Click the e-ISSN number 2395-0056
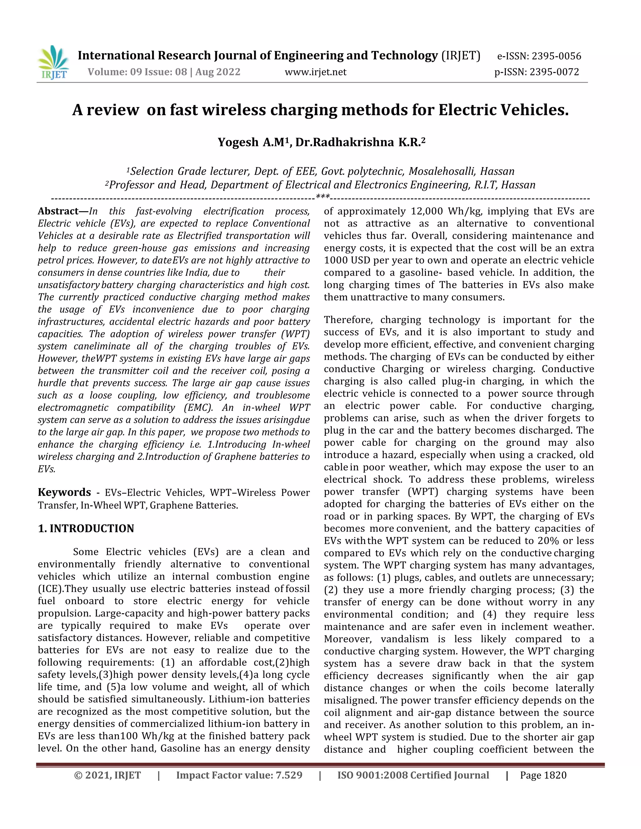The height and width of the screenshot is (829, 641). [556, 56]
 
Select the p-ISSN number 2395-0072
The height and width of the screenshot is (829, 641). [554, 72]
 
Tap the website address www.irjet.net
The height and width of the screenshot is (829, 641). [315, 72]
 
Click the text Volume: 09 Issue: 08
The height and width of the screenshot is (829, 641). [137, 72]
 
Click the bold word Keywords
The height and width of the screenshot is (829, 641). [64, 492]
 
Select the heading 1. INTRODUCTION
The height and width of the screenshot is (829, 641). [86, 528]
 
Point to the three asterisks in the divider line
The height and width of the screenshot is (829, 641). [323, 197]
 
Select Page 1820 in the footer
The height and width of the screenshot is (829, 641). [543, 776]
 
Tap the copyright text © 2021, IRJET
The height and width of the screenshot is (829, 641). [107, 776]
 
